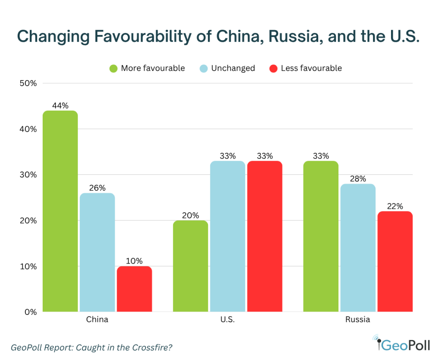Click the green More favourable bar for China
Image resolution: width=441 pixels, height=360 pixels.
(60, 211)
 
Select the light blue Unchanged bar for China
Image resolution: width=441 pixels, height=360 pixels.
(97, 252)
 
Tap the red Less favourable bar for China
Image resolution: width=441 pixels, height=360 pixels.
(134, 289)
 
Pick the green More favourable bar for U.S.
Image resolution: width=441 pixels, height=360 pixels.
(190, 266)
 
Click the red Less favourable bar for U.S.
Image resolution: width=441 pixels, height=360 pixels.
(264, 236)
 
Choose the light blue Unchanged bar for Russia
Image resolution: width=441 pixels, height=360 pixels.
(357, 248)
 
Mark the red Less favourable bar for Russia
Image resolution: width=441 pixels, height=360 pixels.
(394, 261)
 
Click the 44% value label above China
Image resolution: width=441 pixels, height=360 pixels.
(60, 106)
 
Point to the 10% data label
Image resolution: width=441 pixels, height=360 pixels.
(134, 261)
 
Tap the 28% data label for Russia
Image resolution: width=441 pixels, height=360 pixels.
(357, 179)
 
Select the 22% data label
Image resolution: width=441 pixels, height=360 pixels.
(394, 206)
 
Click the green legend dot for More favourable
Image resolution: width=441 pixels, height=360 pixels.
(114, 68)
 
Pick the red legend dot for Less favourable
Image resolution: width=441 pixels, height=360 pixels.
(273, 68)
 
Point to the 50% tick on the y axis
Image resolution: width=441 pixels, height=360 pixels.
(28, 83)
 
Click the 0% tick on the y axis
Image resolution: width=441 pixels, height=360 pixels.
(30, 312)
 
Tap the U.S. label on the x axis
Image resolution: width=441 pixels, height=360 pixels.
(227, 320)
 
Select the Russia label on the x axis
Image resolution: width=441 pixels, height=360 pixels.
(357, 320)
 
